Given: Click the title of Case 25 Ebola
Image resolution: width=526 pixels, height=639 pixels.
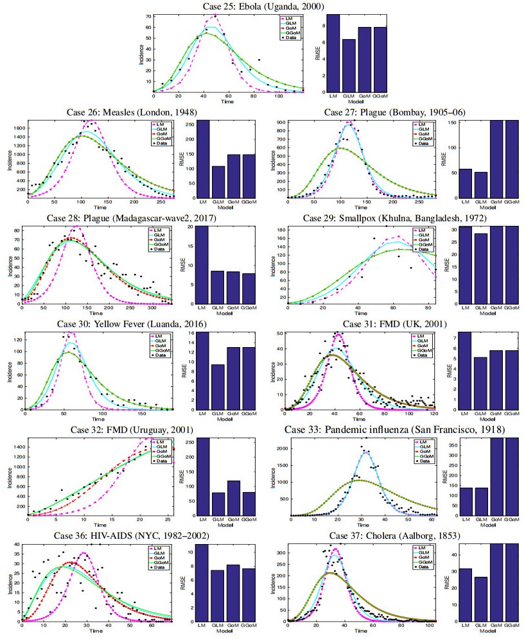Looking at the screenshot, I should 263,6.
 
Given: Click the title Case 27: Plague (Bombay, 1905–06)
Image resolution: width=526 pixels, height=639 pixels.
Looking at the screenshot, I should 395,112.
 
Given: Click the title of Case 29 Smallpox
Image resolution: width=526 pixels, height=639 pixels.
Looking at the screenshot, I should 394,218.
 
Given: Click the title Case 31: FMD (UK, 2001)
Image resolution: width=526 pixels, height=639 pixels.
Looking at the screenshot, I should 394,323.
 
